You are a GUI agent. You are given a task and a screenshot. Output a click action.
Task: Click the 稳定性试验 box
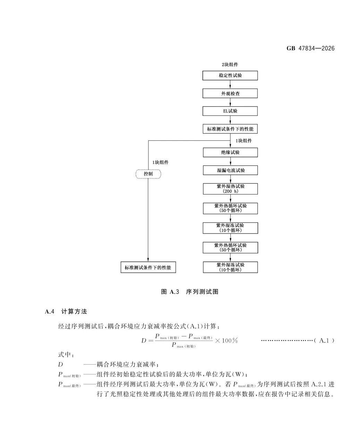point(230,76)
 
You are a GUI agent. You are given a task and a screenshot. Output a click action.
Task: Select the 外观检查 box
point(230,93)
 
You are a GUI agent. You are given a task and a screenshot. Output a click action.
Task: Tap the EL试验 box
point(230,111)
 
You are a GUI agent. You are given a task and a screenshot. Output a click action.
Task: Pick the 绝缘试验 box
point(230,152)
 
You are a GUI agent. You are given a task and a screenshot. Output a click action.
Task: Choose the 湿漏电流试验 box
point(230,170)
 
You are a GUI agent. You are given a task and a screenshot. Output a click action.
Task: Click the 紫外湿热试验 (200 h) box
point(230,189)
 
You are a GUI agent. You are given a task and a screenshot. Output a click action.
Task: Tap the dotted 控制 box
point(148,174)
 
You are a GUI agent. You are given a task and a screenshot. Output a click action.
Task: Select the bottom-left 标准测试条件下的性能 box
point(148,267)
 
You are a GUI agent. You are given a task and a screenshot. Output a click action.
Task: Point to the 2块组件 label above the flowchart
point(230,64)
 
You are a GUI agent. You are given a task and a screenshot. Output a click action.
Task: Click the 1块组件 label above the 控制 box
point(160,162)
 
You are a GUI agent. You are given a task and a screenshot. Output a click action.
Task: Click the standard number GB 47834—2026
point(310,49)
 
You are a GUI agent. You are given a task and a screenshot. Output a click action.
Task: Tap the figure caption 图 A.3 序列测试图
point(190,292)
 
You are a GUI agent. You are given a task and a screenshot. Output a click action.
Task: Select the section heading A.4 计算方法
point(66,312)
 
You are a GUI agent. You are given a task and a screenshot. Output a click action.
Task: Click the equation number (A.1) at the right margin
point(324,340)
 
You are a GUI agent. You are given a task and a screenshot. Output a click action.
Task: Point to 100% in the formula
point(230,340)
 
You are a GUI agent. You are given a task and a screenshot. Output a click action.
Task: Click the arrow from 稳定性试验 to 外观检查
point(230,84)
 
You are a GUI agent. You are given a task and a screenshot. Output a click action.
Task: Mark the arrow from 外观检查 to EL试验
point(230,102)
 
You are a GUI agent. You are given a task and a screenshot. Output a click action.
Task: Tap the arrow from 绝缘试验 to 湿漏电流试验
point(230,161)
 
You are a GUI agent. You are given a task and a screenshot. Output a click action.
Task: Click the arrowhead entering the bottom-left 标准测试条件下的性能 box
point(148,260)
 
